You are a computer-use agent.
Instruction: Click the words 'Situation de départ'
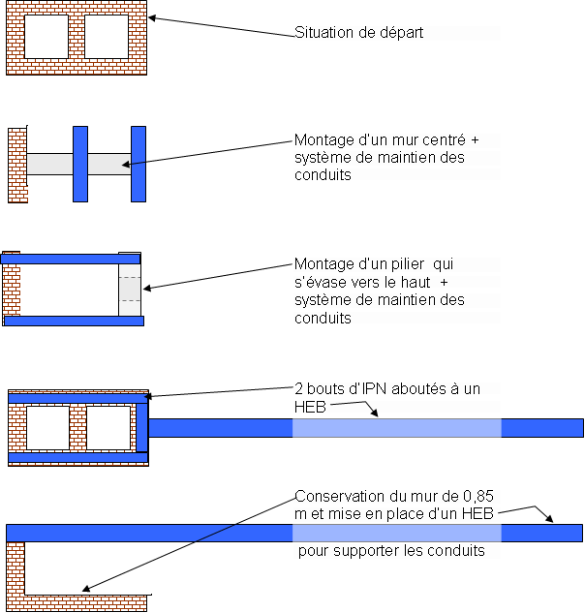359,33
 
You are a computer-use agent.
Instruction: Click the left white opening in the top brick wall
46,37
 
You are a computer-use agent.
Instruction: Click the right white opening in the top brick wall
107,37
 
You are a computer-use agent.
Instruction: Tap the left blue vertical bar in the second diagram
80,164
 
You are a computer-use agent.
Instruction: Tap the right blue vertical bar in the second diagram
138,164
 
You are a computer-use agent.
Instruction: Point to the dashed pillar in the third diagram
130,288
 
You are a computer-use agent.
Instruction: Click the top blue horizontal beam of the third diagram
72,259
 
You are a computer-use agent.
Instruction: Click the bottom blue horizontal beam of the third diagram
74,320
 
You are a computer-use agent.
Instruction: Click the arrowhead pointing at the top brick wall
152,17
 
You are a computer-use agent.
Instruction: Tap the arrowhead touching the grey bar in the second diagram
127,166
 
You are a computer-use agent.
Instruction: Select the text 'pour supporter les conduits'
391,552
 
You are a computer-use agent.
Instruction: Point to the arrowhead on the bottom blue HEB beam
549,519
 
